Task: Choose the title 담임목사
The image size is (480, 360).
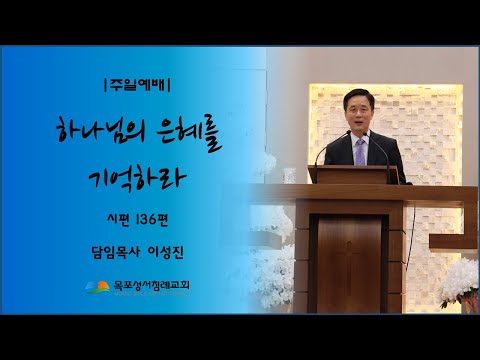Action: [x=116, y=253]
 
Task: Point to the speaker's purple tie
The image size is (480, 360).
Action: [x=360, y=151]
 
